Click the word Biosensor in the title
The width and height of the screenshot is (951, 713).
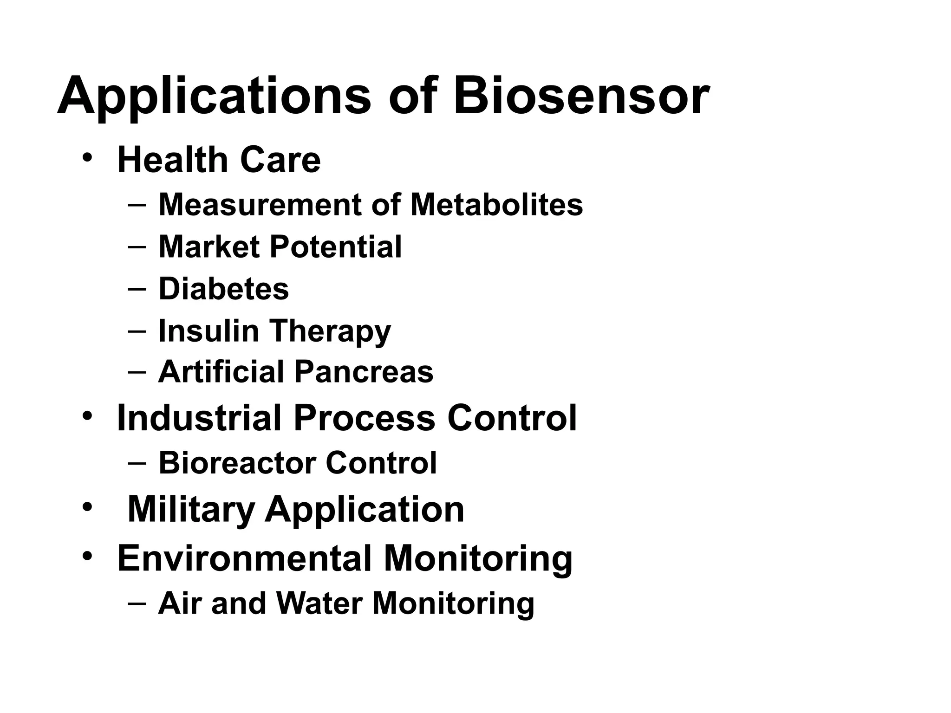pos(580,96)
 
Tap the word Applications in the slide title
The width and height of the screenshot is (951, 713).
pos(214,96)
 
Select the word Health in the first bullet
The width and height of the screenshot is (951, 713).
pos(172,160)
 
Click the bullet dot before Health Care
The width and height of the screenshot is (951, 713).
pos(87,158)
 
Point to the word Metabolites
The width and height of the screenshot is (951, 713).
pos(496,205)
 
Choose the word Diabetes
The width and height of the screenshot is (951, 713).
pos(224,289)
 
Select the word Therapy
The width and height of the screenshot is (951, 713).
pos(331,331)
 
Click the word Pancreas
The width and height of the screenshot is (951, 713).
pos(364,372)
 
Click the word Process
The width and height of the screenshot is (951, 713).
pos(365,418)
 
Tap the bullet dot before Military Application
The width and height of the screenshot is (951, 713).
pos(87,507)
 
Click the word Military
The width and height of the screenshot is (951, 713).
pos(191,510)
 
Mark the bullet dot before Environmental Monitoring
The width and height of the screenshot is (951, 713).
pos(87,556)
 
